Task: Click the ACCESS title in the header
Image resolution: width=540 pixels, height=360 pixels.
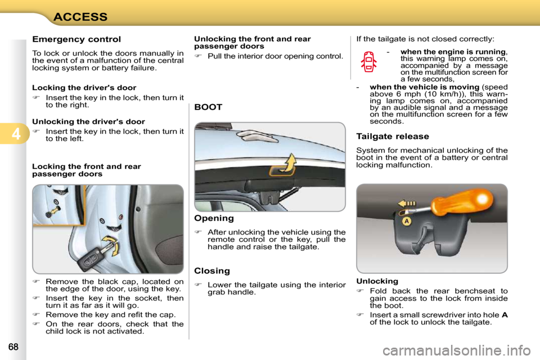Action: [80, 16]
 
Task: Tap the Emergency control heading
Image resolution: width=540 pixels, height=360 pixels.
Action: [76, 39]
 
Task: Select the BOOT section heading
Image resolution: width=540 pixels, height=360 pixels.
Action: [208, 107]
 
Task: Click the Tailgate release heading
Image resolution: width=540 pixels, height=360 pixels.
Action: [393, 136]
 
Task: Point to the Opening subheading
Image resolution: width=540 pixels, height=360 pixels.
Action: [214, 218]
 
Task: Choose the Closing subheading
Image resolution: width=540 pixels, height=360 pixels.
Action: [212, 271]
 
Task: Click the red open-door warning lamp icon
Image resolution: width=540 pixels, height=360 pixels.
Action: [368, 61]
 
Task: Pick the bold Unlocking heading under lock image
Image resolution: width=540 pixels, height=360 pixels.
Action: [377, 281]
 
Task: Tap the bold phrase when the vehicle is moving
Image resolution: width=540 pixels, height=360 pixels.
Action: [425, 87]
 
